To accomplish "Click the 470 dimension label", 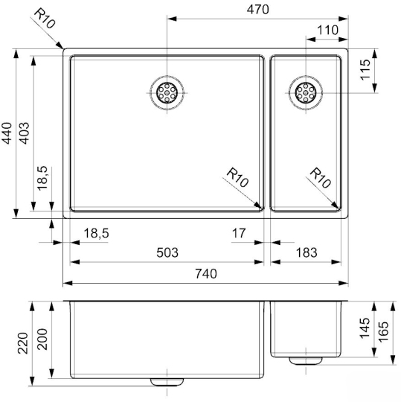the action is point(257,10).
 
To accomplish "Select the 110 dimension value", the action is point(327,31).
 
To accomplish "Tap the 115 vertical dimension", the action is point(365,69).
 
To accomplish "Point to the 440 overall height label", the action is point(7,133).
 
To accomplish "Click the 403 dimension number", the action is point(25,133).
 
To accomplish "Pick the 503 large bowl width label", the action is point(167,252).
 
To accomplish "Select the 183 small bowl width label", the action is point(307,252).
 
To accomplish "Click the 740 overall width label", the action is point(206,274).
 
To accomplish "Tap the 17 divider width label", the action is point(239,233).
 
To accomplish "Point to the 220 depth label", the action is point(23,343).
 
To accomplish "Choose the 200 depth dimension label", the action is point(42,339).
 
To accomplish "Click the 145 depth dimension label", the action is point(365,328).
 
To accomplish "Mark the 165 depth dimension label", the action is point(384,331).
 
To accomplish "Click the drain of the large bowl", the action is point(167,93).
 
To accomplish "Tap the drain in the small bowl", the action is point(306,93).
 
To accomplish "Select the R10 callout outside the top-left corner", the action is point(45,19).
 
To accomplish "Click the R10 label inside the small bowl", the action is point(321,178).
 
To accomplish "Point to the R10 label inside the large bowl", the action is point(237,177).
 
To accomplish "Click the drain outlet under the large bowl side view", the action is point(167,382).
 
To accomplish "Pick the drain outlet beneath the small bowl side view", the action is point(306,361).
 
